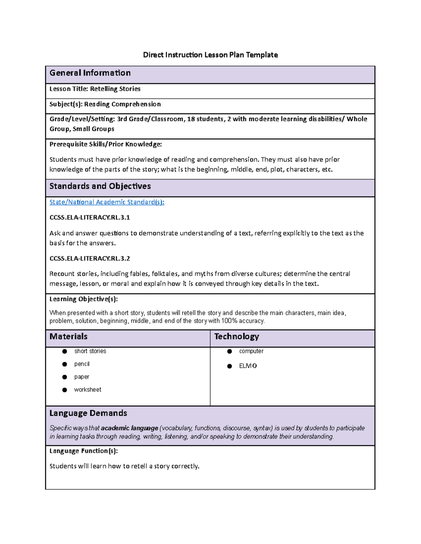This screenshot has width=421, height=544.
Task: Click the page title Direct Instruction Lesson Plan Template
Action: pos(210,55)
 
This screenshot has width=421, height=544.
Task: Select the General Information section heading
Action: pos(90,73)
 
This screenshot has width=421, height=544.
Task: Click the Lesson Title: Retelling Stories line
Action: pos(95,89)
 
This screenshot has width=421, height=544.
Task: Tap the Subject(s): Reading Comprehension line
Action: pos(105,104)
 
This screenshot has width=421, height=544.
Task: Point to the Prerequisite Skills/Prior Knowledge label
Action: pos(106,144)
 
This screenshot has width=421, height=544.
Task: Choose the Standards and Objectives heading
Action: pos(100,186)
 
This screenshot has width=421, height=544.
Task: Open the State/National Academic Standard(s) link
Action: pos(107,202)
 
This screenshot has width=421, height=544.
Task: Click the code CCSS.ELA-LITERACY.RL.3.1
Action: pos(89,218)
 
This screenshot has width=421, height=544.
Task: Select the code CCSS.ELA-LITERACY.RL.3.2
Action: pos(89,259)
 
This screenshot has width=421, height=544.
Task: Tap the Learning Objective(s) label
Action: pos(83,299)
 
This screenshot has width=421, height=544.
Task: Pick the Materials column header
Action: pos(68,337)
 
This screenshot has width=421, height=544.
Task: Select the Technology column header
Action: pos(236,337)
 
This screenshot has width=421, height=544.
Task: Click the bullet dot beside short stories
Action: pos(65,351)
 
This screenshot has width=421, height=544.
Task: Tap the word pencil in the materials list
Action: pos(82,364)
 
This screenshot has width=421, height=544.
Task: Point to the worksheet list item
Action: pos(87,390)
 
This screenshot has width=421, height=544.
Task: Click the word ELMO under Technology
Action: pos(248,366)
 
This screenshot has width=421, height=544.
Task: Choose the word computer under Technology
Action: pos(251,351)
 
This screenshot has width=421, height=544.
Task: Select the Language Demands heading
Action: pos(88,413)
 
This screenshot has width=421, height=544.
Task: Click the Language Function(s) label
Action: pos(83,451)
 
